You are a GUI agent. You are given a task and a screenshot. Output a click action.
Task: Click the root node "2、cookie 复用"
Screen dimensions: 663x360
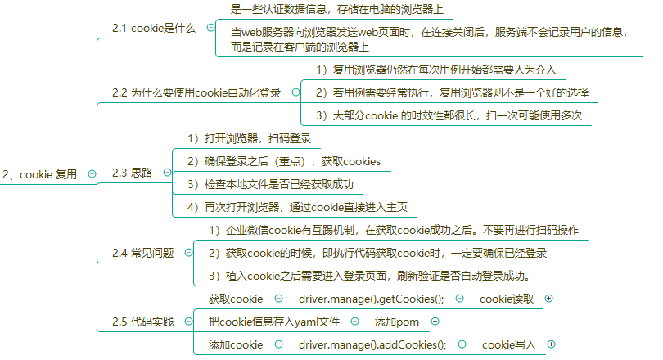tap(40, 174)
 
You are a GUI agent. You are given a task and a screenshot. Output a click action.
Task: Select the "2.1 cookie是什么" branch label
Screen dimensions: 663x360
tap(154, 28)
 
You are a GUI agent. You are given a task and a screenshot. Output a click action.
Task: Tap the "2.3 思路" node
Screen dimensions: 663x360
tap(132, 173)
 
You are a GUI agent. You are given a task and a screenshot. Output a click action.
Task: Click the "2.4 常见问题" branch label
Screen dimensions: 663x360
tap(143, 253)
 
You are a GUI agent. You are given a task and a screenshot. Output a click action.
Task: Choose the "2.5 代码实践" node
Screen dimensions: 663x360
tap(143, 322)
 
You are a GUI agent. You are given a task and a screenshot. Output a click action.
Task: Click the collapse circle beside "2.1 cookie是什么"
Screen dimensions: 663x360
tap(210, 28)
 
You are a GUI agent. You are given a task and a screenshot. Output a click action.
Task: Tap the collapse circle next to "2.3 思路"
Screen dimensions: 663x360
tap(168, 173)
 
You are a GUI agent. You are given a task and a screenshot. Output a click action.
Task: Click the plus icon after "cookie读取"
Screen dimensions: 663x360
tap(549, 299)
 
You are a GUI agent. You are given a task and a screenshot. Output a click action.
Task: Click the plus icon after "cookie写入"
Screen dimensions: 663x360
tap(551, 344)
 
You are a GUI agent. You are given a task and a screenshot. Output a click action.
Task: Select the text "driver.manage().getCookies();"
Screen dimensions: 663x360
tap(372, 299)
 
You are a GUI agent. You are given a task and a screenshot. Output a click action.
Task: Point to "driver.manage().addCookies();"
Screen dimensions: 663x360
tap(372, 344)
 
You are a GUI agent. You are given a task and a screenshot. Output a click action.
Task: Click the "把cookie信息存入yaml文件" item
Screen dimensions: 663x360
tap(274, 322)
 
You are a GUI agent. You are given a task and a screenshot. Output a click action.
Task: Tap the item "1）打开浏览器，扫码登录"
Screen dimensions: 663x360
tap(250, 138)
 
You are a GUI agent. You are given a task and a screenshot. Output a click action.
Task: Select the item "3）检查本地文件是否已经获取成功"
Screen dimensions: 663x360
tap(271, 184)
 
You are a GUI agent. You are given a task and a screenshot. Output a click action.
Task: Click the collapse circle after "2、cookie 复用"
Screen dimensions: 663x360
tap(92, 173)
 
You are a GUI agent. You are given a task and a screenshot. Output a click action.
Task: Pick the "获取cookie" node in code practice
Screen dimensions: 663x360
tap(236, 299)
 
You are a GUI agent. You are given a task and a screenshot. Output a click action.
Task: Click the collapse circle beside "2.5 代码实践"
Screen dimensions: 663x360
tap(189, 322)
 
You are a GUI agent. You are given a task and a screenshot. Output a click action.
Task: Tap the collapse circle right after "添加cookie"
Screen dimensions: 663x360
tap(278, 344)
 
